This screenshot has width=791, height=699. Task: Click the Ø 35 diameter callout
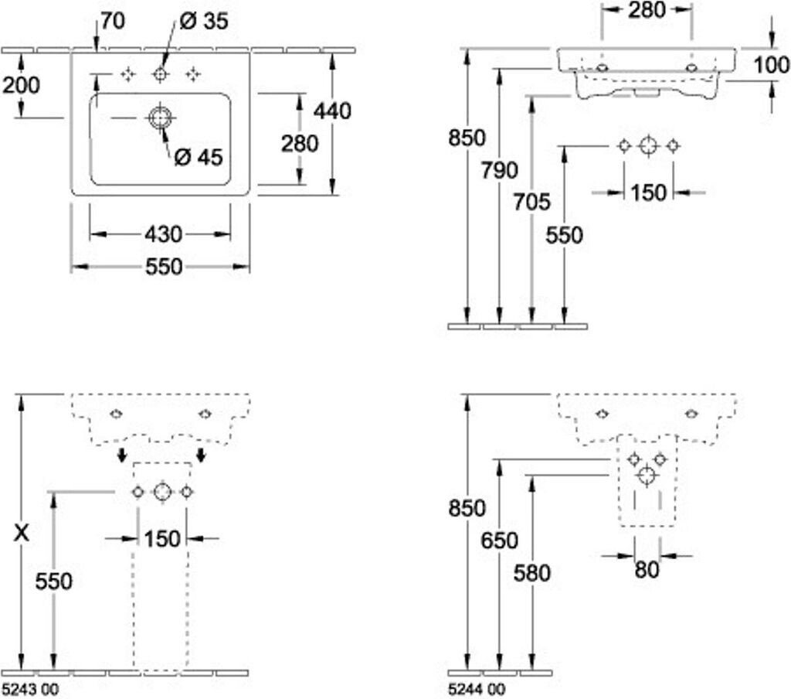click(203, 21)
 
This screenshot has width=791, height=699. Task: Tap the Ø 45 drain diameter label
click(199, 158)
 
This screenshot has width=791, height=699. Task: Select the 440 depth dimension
click(332, 111)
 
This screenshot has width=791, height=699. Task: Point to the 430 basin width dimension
click(164, 234)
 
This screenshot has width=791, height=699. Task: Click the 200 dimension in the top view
click(21, 85)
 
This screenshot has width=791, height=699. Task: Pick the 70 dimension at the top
click(112, 21)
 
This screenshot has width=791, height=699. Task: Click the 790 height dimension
click(499, 170)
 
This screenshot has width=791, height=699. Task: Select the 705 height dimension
click(531, 203)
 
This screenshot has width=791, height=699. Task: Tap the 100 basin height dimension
click(772, 65)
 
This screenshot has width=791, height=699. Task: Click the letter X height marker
click(21, 533)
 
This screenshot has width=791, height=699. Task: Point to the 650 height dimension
click(499, 541)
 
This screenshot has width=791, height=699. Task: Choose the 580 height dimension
click(531, 573)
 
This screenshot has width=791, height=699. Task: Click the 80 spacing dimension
click(647, 570)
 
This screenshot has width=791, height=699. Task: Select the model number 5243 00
click(30, 689)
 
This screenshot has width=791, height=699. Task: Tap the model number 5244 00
click(476, 689)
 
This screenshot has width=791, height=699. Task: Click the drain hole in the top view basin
click(161, 118)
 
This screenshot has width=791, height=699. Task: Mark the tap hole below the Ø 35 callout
click(161, 75)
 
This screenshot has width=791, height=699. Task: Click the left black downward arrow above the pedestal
click(121, 455)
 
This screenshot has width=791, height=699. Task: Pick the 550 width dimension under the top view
click(164, 268)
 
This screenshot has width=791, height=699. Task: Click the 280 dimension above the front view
click(647, 10)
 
